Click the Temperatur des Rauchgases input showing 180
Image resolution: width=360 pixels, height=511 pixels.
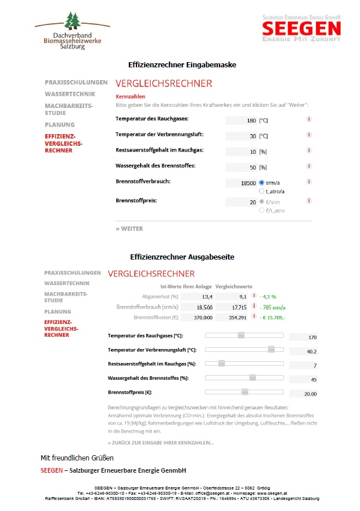(x=241, y=121)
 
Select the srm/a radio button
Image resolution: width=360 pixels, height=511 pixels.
(x=262, y=183)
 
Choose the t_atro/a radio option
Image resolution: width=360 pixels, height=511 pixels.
(x=262, y=191)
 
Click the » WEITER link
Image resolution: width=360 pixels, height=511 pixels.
(x=129, y=229)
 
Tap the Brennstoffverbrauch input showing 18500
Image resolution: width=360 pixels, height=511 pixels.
(x=241, y=183)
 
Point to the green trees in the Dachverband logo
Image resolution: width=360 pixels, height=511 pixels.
(x=73, y=21)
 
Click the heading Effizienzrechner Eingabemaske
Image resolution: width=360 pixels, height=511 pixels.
(x=182, y=64)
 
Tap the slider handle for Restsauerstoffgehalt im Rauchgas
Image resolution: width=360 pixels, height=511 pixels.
(x=221, y=364)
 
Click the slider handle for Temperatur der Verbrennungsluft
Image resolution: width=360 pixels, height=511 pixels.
(x=271, y=349)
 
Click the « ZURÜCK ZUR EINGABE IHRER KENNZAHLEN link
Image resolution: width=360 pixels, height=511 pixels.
(x=161, y=443)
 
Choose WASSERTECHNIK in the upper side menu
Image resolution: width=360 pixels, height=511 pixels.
(x=67, y=93)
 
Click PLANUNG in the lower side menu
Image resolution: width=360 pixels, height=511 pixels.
(x=57, y=312)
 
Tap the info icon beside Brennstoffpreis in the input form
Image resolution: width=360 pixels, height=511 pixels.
(x=309, y=201)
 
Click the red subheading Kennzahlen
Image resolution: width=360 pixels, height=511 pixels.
(x=131, y=96)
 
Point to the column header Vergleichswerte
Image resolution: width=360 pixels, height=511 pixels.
(x=233, y=286)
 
